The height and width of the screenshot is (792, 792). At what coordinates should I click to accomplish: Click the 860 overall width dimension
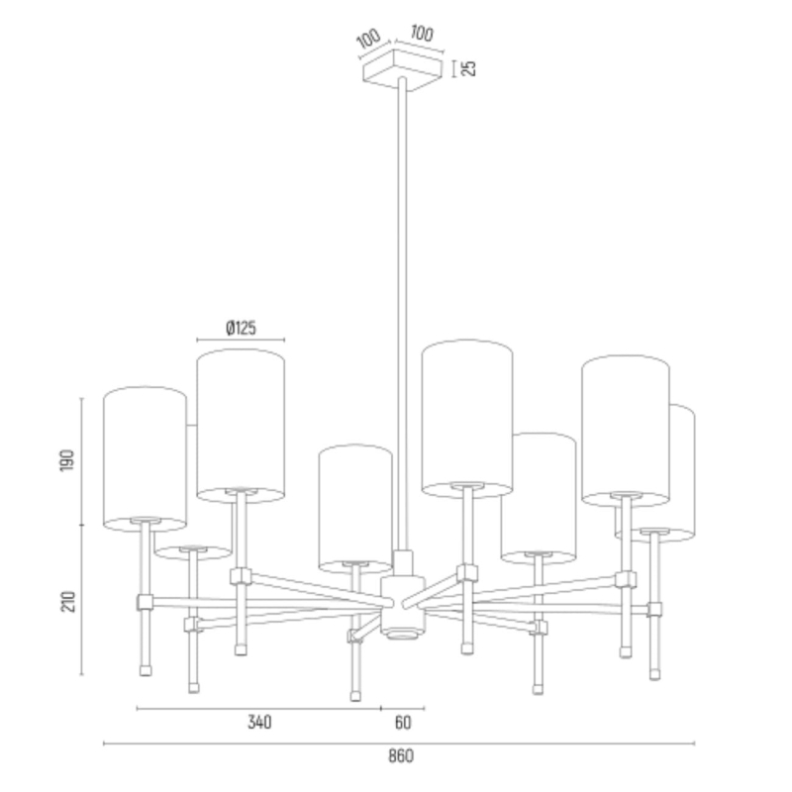coord(401,756)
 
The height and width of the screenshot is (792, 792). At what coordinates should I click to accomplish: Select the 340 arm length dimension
coord(259,723)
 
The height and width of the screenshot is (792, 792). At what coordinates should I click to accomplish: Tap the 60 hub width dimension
coord(403,723)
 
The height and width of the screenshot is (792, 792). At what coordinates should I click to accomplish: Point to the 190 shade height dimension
coord(67,460)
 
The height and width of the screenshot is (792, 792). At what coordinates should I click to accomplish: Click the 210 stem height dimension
coord(68,602)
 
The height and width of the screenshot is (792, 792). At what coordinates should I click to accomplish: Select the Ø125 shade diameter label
coord(241,328)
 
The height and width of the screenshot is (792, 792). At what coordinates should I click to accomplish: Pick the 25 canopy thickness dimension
coord(469,68)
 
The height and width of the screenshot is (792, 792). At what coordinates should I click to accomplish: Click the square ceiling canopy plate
coord(402,70)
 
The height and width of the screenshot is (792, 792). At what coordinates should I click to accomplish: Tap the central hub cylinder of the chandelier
coord(403,606)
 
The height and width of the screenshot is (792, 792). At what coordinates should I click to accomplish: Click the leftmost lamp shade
coord(145,459)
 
